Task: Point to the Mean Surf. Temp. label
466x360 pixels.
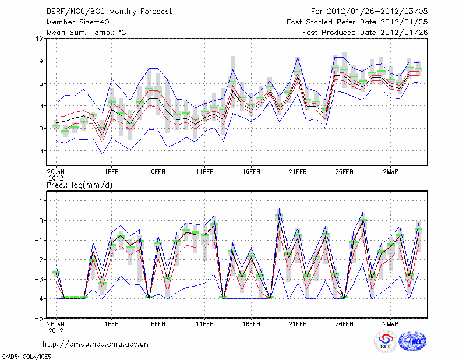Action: (x=86, y=32)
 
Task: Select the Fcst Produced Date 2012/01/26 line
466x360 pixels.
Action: (x=365, y=32)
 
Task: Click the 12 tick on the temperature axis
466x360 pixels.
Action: (x=40, y=39)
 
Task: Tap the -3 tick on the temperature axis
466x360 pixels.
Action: (x=40, y=151)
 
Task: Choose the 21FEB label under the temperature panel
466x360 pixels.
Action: (x=298, y=172)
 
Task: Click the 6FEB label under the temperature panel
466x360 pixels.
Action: (x=158, y=172)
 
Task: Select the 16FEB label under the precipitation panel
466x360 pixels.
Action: (x=251, y=323)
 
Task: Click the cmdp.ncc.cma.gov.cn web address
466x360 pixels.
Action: (x=96, y=344)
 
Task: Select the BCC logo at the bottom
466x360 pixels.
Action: (x=386, y=342)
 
